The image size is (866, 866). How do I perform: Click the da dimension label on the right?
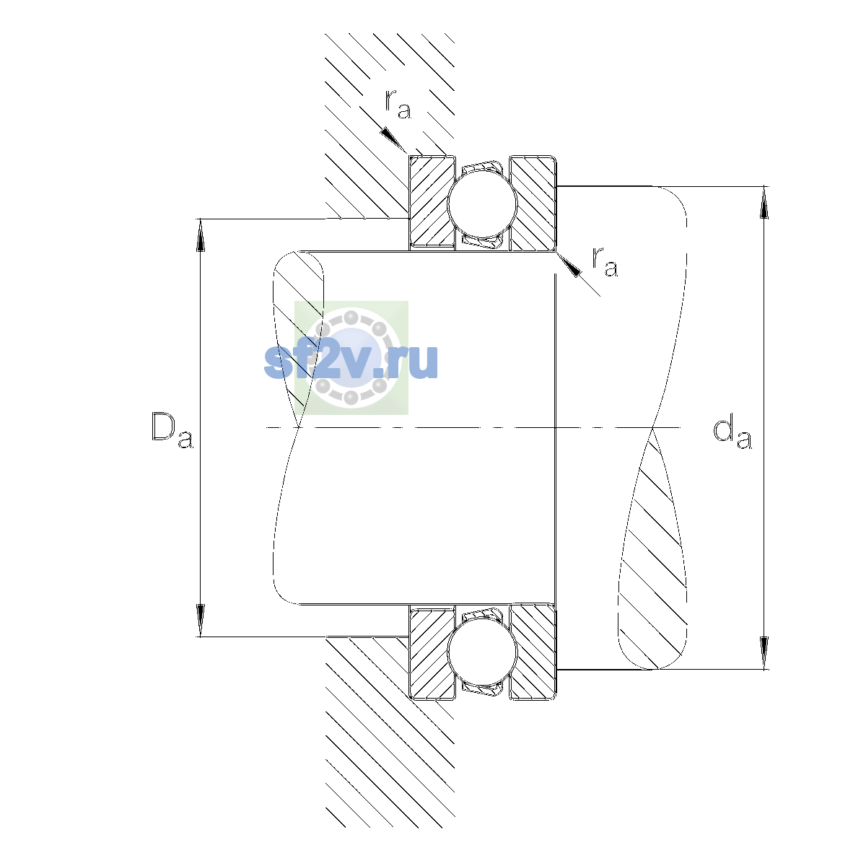pyautogui.click(x=732, y=434)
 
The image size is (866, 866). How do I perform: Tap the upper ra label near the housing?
pyautogui.click(x=398, y=104)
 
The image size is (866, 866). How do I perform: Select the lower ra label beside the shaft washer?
pyautogui.click(x=605, y=261)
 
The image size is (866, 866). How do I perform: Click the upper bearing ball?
pyautogui.click(x=482, y=203)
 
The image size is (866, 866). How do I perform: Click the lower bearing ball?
pyautogui.click(x=482, y=652)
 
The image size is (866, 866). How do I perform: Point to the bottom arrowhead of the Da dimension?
pyautogui.click(x=201, y=620)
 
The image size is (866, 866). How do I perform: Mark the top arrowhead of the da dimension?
pyautogui.click(x=764, y=203)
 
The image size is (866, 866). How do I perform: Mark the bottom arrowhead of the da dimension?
pyautogui.click(x=764, y=652)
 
